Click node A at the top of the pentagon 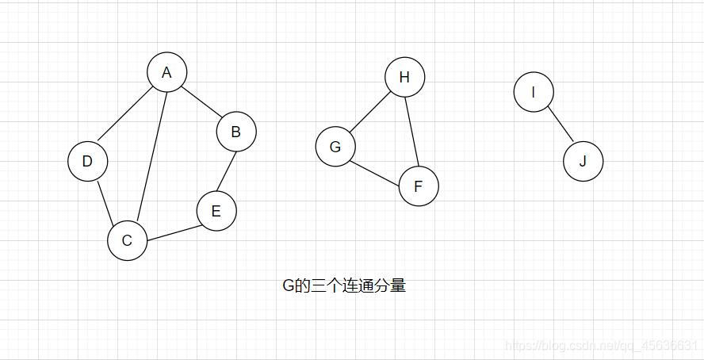pos(166,72)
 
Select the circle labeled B pos(236,132)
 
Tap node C pos(128,240)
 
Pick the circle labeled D pos(87,161)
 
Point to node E pos(216,212)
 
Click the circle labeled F pos(419,186)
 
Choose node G pos(335,147)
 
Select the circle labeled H pos(404,77)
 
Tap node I pos(533,92)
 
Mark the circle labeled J pos(583,162)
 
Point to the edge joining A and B pos(202,102)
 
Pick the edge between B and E pos(227,171)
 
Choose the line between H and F pos(411,132)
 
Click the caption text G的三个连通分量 pos(344,285)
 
